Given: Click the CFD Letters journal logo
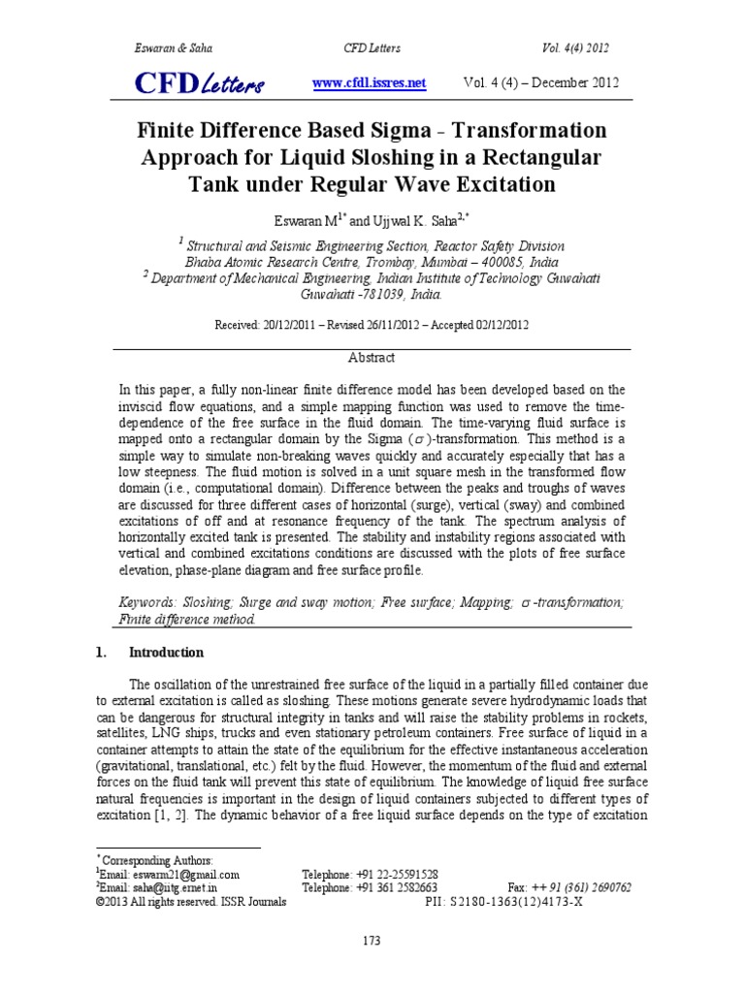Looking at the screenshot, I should coord(199,85).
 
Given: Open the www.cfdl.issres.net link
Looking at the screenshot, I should coord(370,83).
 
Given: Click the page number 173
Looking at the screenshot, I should coord(372,940).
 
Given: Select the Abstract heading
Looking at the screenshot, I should coord(372,357).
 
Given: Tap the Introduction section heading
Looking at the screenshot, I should coord(166,652).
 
